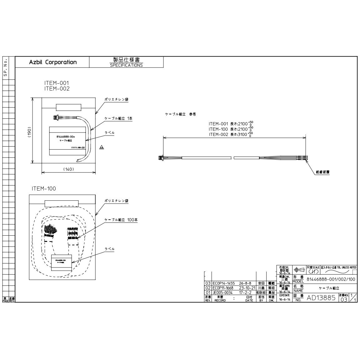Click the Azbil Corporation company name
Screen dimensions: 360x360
click(x=53, y=62)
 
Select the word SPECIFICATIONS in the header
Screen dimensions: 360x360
click(x=126, y=65)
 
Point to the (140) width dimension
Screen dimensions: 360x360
click(x=68, y=169)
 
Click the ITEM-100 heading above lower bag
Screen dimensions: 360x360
click(x=44, y=189)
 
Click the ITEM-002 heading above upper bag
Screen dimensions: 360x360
click(x=57, y=89)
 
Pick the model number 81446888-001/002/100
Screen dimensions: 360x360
click(x=331, y=279)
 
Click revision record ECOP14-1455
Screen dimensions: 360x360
click(x=223, y=283)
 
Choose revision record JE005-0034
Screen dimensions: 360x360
click(x=222, y=292)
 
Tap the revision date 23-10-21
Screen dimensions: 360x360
click(x=247, y=288)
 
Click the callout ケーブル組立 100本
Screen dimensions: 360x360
click(x=121, y=220)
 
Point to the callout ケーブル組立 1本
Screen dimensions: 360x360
click(x=118, y=119)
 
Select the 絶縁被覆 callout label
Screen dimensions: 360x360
click(x=323, y=172)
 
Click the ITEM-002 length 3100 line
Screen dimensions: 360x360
click(x=231, y=134)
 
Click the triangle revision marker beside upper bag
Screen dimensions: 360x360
click(x=102, y=147)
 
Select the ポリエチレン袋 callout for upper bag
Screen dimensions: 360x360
click(x=116, y=99)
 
